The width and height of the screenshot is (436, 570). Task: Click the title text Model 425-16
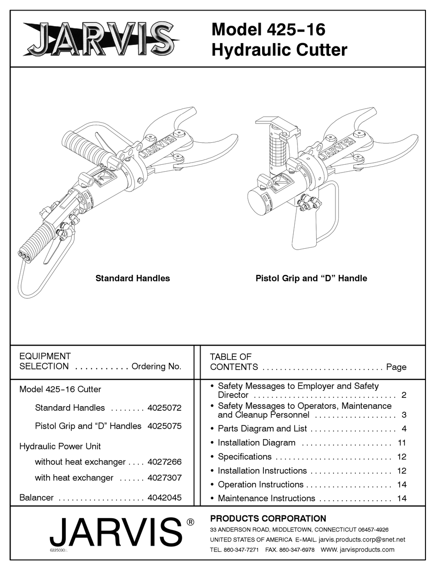coord(268,30)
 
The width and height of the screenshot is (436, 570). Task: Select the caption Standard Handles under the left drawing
coord(133,278)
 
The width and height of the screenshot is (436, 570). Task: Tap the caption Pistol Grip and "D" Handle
coord(311,278)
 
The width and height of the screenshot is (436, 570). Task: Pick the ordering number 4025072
coord(164,408)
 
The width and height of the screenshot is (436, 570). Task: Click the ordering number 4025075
coord(164,426)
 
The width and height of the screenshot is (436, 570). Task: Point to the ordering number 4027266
coord(164,462)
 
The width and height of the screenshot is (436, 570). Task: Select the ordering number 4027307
coord(164,478)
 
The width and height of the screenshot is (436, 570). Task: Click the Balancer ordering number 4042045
coord(164,497)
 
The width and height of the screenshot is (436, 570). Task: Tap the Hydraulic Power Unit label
coord(60,446)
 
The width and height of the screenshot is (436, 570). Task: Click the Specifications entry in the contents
coord(245,457)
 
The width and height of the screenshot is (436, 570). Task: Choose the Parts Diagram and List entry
coord(262,429)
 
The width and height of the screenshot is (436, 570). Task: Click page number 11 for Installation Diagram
coord(402,443)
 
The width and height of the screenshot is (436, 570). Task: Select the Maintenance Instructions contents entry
coord(266,498)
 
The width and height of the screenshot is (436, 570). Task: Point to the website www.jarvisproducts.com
coord(358,549)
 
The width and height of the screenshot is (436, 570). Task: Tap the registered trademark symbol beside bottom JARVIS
coord(190,522)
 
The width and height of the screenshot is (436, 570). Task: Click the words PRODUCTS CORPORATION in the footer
coord(268,519)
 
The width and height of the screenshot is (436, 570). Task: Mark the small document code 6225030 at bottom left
coord(59,550)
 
